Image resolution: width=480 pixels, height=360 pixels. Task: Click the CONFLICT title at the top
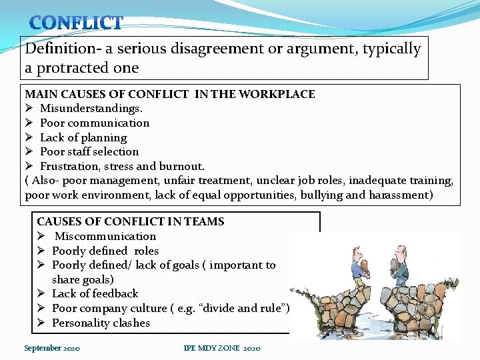[x=76, y=23]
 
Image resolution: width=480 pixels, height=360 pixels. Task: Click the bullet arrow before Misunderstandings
[x=29, y=108]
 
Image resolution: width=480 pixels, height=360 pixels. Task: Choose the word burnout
[x=180, y=166]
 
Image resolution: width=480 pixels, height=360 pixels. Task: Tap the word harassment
[x=397, y=195]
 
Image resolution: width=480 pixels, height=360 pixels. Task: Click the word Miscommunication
[x=105, y=236]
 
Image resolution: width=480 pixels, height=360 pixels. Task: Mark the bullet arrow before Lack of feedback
[x=41, y=293]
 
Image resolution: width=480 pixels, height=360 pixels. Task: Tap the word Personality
[x=80, y=323]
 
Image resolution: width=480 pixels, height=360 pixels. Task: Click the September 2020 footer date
[x=52, y=348]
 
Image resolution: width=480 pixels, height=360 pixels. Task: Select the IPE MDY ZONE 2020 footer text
[x=222, y=348]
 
